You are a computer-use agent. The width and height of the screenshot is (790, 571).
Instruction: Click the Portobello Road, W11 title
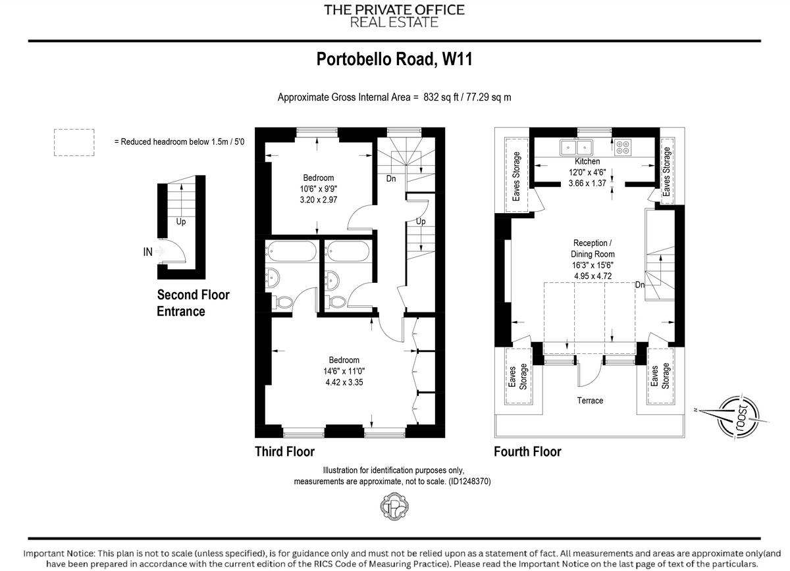394,60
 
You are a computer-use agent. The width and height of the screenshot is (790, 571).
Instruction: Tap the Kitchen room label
587,161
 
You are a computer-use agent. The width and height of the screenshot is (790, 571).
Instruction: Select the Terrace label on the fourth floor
590,400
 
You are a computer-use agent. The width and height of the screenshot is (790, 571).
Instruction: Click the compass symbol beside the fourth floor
737,416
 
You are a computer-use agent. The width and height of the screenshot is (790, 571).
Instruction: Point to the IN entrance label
148,251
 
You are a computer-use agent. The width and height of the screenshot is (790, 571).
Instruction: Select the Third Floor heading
284,451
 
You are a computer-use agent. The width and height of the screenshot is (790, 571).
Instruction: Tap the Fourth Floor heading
527,451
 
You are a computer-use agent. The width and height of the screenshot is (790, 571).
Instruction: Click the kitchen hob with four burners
623,147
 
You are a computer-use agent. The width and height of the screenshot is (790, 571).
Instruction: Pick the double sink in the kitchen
577,147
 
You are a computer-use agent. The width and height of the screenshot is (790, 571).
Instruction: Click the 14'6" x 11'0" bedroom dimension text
344,370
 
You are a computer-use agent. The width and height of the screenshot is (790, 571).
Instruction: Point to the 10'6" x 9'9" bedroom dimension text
319,189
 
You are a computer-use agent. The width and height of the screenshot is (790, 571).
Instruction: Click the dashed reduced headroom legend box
74,141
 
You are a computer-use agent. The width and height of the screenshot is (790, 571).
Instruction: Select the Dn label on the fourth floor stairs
640,285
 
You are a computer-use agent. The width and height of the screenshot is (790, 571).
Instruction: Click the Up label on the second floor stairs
180,222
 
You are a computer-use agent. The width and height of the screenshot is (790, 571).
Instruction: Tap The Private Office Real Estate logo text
394,16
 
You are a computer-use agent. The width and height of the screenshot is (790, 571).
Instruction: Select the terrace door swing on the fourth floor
588,375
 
